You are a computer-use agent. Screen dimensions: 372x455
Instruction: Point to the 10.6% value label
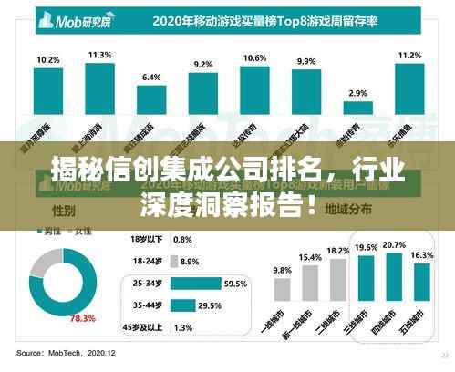coord(254,57)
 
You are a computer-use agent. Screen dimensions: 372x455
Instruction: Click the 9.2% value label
coord(203,64)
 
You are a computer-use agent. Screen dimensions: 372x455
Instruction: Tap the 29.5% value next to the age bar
coord(210,305)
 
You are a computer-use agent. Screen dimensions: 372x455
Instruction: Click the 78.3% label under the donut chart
coord(84,318)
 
